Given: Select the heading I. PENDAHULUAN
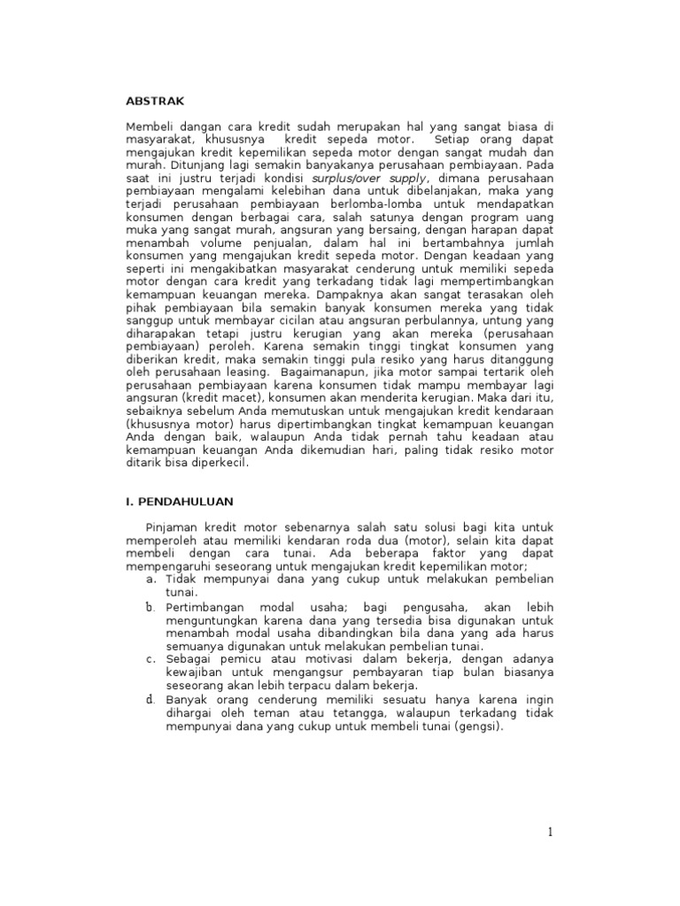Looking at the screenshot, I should pyautogui.click(x=178, y=502).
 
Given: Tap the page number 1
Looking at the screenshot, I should pyautogui.click(x=550, y=831).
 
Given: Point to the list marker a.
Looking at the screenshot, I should pyautogui.click(x=151, y=579).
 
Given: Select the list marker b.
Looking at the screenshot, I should pyautogui.click(x=151, y=609).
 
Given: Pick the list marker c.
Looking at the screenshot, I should pyautogui.click(x=151, y=659).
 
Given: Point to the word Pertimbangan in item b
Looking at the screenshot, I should pyautogui.click(x=207, y=609).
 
